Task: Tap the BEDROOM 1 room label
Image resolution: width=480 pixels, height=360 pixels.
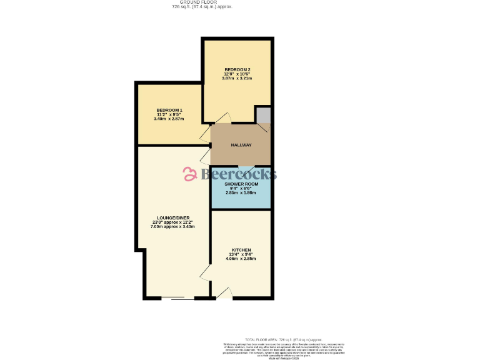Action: [x=169, y=110]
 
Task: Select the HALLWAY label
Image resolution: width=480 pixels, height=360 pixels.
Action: [x=241, y=145]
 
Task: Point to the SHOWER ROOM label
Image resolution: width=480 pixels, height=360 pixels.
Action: [x=241, y=184]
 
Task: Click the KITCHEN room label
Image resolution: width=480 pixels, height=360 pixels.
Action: [x=241, y=250]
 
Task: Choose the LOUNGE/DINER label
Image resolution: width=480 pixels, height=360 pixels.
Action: [x=172, y=217]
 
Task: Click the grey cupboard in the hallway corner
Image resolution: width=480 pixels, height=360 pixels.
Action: [x=263, y=116]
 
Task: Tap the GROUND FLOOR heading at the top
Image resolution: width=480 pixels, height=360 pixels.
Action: [x=197, y=2]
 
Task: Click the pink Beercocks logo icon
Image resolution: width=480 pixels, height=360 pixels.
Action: [x=190, y=174]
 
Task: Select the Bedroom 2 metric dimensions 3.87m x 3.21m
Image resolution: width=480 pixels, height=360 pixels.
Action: [x=241, y=79]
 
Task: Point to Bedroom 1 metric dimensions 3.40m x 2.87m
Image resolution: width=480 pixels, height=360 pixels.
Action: [x=169, y=119]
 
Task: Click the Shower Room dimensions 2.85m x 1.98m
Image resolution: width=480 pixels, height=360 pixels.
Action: [x=241, y=193]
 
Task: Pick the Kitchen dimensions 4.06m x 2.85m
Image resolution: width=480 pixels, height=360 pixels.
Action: [x=241, y=259]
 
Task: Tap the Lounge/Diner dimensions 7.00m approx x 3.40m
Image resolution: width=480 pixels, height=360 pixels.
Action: [x=172, y=226]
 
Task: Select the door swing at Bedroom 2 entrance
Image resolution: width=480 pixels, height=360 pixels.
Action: [x=223, y=117]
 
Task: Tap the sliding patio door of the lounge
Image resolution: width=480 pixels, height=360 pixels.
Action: [x=177, y=298]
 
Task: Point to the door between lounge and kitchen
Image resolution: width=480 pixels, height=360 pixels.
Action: [x=205, y=272]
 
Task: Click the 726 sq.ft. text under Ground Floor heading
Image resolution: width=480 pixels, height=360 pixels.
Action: [x=197, y=7]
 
